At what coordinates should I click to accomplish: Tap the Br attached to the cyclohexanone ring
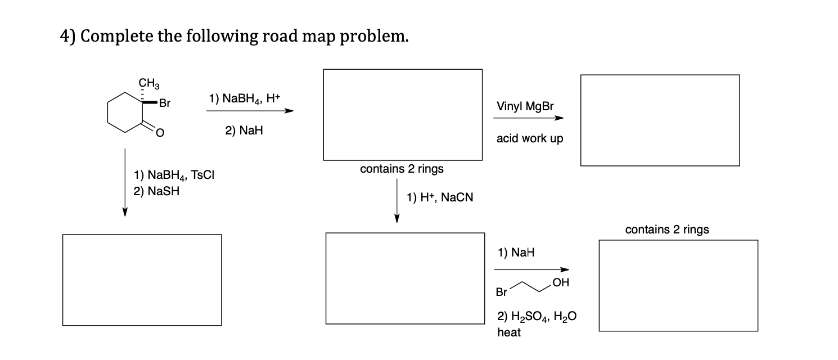[x=164, y=103]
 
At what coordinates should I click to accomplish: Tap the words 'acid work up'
[x=529, y=138]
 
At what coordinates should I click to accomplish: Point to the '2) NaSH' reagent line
[x=157, y=191]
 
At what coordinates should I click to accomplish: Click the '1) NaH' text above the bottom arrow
[x=516, y=253]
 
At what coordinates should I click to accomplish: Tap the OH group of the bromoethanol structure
[x=560, y=282]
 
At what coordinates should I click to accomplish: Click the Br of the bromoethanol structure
[x=501, y=292]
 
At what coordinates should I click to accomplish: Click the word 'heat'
[x=509, y=332]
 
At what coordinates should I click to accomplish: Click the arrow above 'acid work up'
[x=528, y=118]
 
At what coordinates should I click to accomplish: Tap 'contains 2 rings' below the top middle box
[x=402, y=168]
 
